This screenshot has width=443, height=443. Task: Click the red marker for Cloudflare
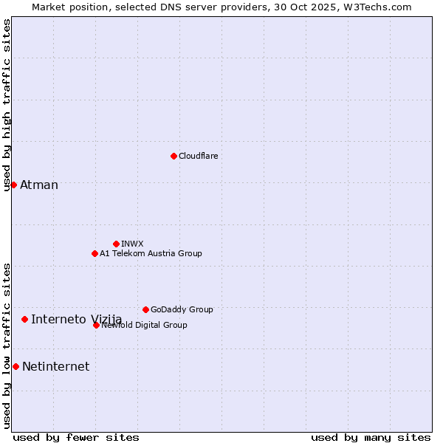click(174, 156)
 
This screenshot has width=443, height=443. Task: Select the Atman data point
click(13, 185)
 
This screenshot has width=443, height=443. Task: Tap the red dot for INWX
click(116, 244)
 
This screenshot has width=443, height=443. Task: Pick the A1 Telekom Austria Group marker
click(95, 253)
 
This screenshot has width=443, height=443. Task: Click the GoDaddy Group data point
click(145, 309)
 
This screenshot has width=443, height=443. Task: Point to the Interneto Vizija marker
click(24, 319)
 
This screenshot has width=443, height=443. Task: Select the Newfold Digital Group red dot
click(96, 325)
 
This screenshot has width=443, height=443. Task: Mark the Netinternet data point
click(16, 366)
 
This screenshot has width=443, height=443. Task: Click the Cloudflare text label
click(198, 156)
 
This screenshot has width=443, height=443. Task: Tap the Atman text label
click(39, 185)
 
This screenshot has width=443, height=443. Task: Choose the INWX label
click(132, 244)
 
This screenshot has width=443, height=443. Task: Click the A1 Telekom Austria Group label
click(151, 253)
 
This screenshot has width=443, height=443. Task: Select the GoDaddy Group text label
click(182, 309)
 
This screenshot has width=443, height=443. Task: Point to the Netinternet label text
click(55, 366)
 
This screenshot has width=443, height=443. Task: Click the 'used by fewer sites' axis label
click(76, 437)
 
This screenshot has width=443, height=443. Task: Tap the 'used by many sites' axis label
click(371, 437)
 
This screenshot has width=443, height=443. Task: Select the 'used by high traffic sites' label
click(7, 105)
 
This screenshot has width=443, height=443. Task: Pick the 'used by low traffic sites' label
click(7, 346)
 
